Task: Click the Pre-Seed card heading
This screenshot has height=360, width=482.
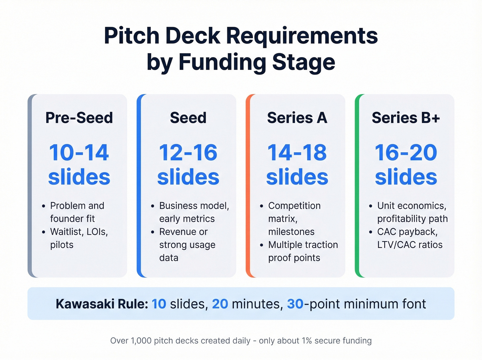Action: [79, 118]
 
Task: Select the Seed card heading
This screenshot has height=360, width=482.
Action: [188, 118]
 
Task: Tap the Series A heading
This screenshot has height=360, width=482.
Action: [297, 118]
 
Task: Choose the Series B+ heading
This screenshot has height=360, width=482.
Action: [406, 118]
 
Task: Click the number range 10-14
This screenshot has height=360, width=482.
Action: [79, 153]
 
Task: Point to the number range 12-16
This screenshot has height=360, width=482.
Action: [188, 153]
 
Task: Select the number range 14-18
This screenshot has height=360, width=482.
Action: [297, 153]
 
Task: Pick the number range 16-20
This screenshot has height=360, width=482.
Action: [406, 153]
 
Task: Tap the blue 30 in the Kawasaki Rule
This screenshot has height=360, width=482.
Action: [295, 304]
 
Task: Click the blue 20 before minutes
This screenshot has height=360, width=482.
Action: [220, 304]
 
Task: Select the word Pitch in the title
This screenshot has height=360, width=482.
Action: [132, 36]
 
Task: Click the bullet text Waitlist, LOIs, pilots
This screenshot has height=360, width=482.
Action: [79, 238]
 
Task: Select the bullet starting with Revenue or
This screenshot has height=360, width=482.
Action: [187, 245]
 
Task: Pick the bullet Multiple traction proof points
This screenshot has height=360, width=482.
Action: [303, 251]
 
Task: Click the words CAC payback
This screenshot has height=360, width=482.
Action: [407, 232]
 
